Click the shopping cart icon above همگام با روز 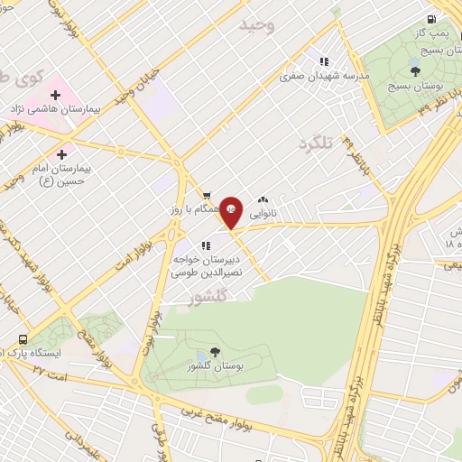206,194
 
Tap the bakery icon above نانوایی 263,199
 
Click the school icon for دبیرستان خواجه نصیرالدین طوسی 207,245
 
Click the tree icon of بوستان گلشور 214,352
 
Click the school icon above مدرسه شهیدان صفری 323,62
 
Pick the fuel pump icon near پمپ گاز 432,19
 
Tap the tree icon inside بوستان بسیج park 414,70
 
